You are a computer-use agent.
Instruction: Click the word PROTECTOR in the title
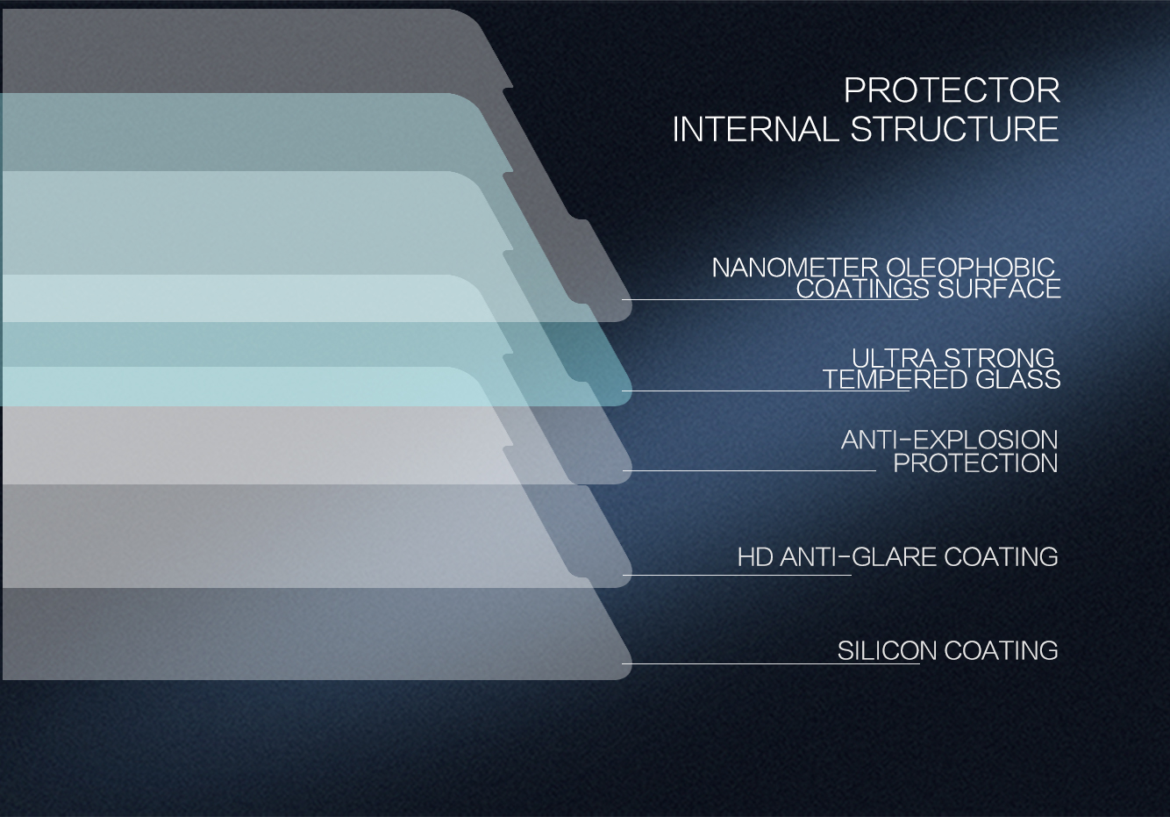[x=952, y=90]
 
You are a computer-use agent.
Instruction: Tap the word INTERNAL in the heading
[x=755, y=129]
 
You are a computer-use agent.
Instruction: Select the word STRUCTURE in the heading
[x=955, y=129]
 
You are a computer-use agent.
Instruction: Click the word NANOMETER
[x=795, y=268]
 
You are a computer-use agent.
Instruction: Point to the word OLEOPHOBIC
[x=971, y=268]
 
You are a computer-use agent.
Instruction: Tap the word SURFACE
[x=999, y=289]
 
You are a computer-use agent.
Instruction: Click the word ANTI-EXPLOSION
[x=949, y=441]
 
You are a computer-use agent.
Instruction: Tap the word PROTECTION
[x=975, y=463]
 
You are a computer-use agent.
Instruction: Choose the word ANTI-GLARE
[x=858, y=557]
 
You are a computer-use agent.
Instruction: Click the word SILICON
[x=887, y=651]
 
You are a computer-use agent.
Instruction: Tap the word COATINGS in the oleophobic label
[x=863, y=289]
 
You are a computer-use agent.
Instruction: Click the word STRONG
[x=999, y=359]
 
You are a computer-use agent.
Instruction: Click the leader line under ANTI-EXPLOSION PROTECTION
[x=749, y=471]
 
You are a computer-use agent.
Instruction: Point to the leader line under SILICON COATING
[x=770, y=663]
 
